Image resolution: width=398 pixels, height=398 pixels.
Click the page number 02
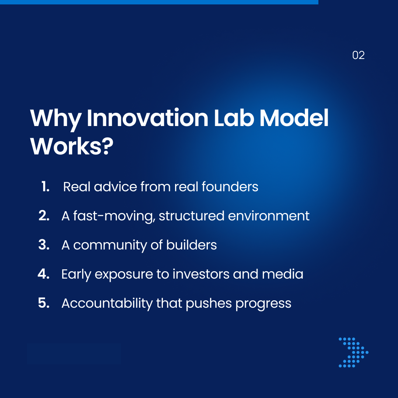pyautogui.click(x=358, y=55)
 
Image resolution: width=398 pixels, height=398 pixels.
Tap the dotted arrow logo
pyautogui.click(x=353, y=352)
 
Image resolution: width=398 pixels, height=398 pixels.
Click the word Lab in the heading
pyautogui.click(x=234, y=118)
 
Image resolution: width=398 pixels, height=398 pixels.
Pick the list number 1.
pyautogui.click(x=45, y=187)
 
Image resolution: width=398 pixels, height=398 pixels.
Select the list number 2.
pyautogui.click(x=44, y=216)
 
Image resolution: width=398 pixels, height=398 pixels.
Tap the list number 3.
pyautogui.click(x=44, y=245)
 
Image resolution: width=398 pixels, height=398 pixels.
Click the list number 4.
pyautogui.click(x=43, y=274)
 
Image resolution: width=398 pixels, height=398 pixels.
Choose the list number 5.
pyautogui.click(x=44, y=303)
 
